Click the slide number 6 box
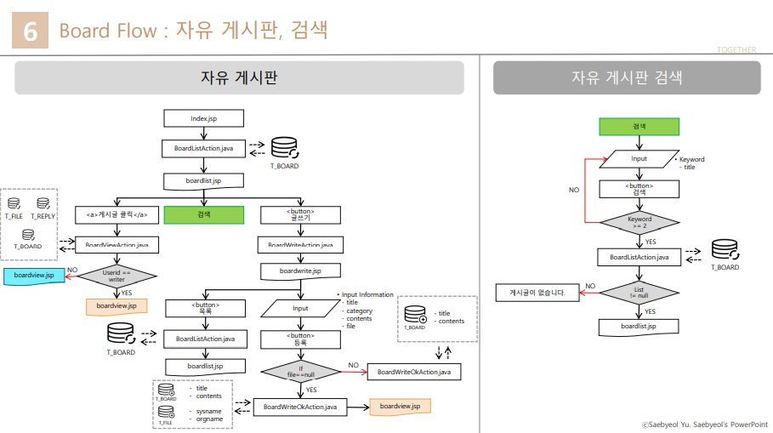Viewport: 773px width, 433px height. [31, 31]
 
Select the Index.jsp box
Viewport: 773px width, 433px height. [204, 117]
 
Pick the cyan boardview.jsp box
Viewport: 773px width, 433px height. [34, 276]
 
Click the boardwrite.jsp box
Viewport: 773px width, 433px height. [300, 271]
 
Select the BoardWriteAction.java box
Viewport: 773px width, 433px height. [300, 245]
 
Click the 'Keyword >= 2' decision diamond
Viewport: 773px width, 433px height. [639, 223]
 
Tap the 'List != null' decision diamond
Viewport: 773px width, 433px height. [639, 293]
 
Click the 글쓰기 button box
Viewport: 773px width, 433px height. [300, 214]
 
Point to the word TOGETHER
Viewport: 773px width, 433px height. [736, 50]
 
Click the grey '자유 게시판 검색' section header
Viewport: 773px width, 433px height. [627, 77]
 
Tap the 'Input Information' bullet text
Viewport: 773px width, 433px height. [367, 295]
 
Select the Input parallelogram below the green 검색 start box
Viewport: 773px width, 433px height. [639, 159]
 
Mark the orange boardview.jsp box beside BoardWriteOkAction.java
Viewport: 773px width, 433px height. [401, 407]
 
